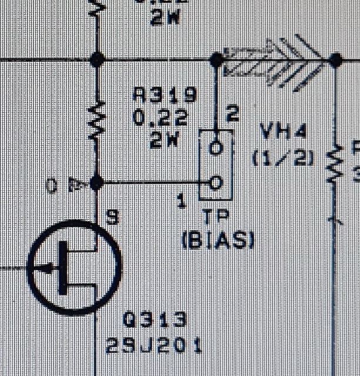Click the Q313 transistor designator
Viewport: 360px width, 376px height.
pos(155,320)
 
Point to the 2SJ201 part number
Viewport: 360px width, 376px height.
pos(154,345)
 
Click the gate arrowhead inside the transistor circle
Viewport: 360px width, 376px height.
pos(42,268)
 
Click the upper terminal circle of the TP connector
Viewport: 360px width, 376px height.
pos(216,148)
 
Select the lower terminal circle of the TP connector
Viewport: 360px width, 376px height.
pos(216,183)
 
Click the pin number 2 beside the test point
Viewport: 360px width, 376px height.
pos(233,115)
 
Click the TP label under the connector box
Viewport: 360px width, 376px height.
pos(215,216)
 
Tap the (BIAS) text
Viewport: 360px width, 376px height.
pos(218,240)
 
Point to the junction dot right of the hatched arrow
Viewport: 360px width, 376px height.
pos(335,59)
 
